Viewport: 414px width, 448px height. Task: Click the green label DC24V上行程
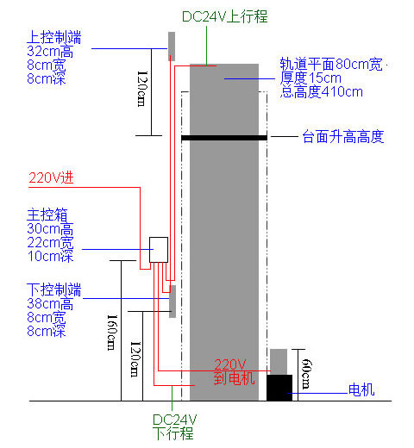coord(225,16)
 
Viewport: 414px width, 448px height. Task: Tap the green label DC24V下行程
coord(174,426)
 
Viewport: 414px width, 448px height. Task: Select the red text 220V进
coord(51,177)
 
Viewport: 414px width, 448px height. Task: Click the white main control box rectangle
coord(159,250)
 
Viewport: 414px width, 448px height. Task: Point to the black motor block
coord(279,388)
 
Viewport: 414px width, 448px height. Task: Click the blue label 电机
coord(361,389)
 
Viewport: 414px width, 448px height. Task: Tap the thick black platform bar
coord(224,138)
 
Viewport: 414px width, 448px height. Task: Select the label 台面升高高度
coord(343,136)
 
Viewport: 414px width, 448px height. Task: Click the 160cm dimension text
coord(112,332)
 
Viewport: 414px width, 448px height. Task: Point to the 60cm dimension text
coord(306,373)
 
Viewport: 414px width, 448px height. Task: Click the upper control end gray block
coord(172,47)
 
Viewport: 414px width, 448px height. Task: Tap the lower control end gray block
coord(172,302)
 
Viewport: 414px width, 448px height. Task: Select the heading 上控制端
coord(54,37)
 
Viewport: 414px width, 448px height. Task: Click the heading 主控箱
coord(47,215)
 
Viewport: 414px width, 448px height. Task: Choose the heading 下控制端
coord(54,289)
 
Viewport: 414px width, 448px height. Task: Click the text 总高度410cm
coord(322,92)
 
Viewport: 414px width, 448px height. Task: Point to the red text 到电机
coord(235,378)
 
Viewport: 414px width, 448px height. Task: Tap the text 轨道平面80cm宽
coord(331,64)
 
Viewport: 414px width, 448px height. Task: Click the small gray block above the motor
coord(279,362)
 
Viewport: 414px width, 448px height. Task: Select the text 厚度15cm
coord(310,78)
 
